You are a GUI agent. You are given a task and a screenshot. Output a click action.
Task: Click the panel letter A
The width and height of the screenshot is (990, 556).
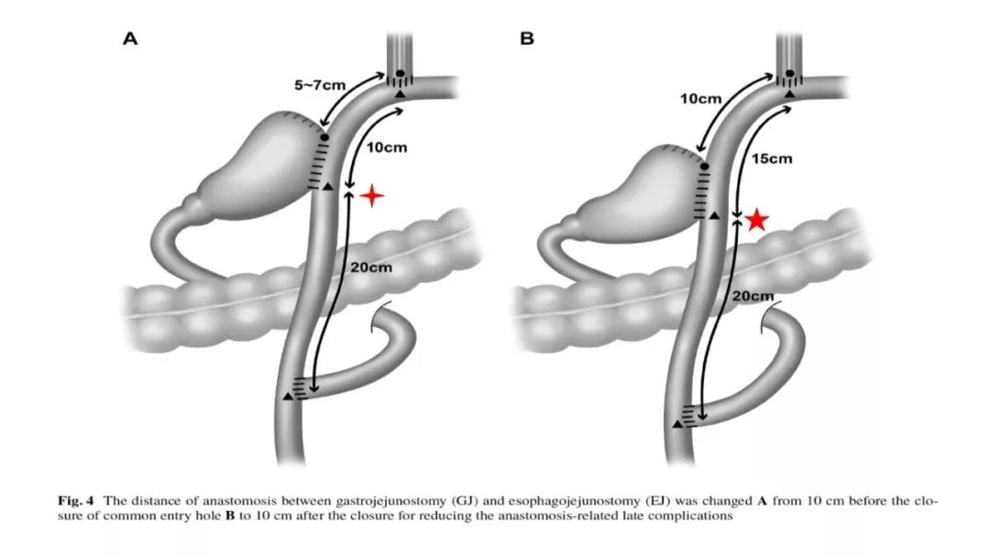[x=130, y=38]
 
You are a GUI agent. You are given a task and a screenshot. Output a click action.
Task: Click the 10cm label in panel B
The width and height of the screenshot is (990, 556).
[x=700, y=98]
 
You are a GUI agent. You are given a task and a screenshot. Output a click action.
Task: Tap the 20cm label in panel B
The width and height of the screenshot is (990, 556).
[x=754, y=295]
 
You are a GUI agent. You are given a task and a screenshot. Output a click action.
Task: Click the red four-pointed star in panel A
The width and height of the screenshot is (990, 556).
[x=371, y=195]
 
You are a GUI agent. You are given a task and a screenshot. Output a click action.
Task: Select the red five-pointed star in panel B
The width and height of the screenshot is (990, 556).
[x=756, y=220]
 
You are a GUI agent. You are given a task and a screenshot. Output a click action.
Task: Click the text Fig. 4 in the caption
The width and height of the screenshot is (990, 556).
[x=79, y=501]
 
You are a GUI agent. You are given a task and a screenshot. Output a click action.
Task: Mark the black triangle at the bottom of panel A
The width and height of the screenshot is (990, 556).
[x=289, y=396]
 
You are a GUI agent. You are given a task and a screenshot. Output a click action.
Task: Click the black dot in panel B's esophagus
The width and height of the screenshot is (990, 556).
[x=789, y=73]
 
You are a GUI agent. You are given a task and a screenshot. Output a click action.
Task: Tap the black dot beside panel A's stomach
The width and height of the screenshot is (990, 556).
[x=324, y=137]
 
